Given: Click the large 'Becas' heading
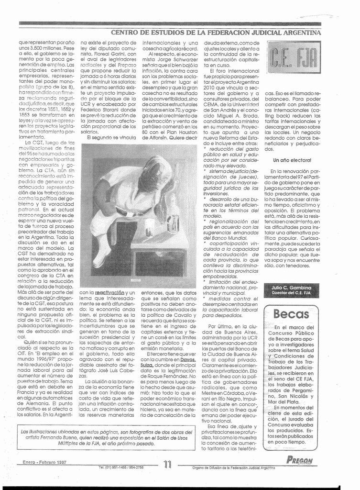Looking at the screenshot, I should (x=291, y=314).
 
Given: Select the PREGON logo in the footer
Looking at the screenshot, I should (x=300, y=460).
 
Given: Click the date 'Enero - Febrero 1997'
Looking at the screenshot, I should (x=44, y=462).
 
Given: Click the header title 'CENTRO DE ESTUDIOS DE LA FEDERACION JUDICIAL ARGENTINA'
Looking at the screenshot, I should (x=216, y=33).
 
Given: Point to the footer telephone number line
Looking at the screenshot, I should (x=121, y=467).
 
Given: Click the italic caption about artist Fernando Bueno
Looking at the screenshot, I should (x=106, y=437).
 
